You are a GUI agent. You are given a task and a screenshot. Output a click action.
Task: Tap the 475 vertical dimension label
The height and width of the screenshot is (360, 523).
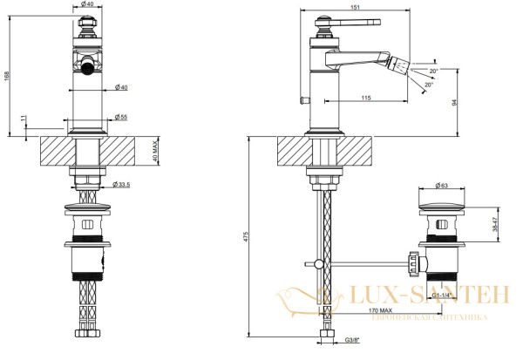click(x=246, y=236)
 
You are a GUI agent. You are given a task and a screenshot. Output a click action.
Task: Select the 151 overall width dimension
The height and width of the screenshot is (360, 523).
click(x=356, y=7)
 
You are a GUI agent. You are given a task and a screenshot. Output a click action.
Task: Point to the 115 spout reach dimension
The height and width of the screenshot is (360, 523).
click(x=366, y=98)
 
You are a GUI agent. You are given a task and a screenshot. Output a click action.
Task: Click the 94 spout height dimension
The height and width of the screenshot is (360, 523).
click(x=453, y=103)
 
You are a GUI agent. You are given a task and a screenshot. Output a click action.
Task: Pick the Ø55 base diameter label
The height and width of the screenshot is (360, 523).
click(x=121, y=117)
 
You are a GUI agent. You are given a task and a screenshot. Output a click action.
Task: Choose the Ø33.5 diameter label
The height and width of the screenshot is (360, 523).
click(x=121, y=184)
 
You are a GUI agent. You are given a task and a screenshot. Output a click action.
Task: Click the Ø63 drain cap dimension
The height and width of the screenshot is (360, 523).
click(x=442, y=186)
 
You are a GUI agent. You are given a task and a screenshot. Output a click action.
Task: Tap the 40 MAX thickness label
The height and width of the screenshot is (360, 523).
click(x=154, y=151)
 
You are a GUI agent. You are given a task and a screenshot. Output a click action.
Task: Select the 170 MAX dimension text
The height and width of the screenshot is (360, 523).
click(x=381, y=310)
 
